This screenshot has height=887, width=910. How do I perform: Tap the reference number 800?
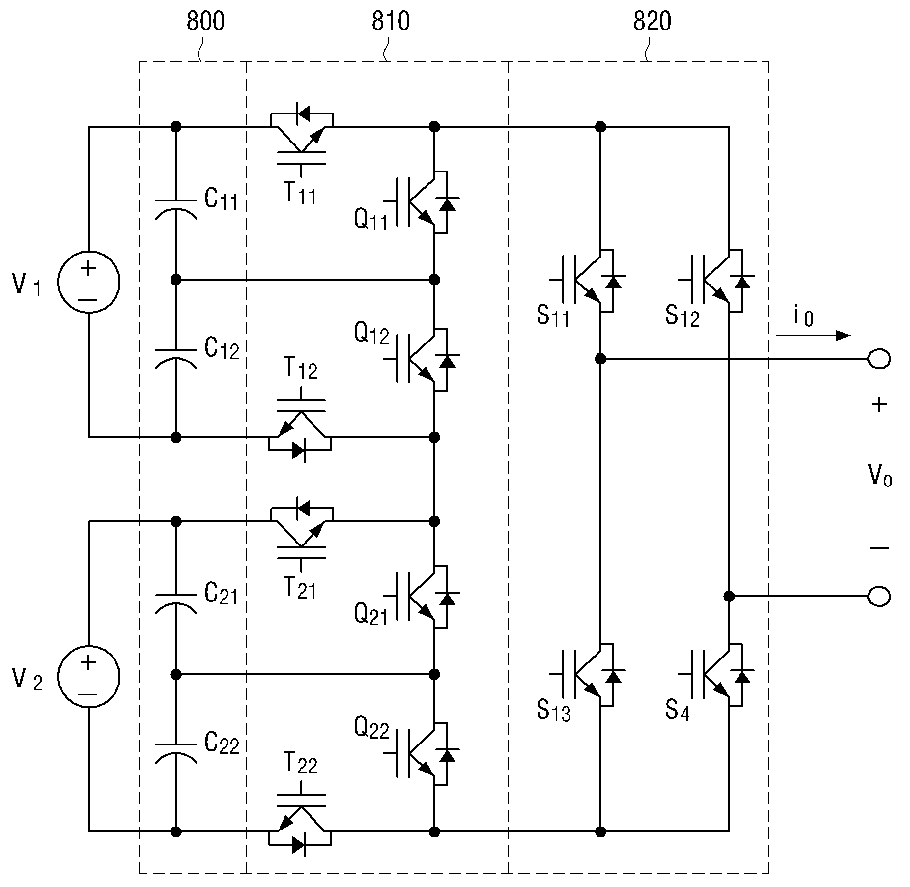coord(205,22)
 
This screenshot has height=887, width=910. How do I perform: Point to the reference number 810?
coord(391,22)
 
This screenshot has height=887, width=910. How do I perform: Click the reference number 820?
coord(652,22)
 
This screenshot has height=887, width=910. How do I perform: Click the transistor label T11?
coord(299,193)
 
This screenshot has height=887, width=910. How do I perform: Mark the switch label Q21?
coord(371,614)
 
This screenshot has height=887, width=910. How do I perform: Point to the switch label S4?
coord(678,711)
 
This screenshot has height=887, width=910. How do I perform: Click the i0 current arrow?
coord(813,336)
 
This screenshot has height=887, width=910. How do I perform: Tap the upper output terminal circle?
coord(879,359)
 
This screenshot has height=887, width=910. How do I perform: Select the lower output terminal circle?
coord(879,597)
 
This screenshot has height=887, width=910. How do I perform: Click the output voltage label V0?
coord(880,475)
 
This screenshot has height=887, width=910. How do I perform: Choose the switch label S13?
coord(554,711)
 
